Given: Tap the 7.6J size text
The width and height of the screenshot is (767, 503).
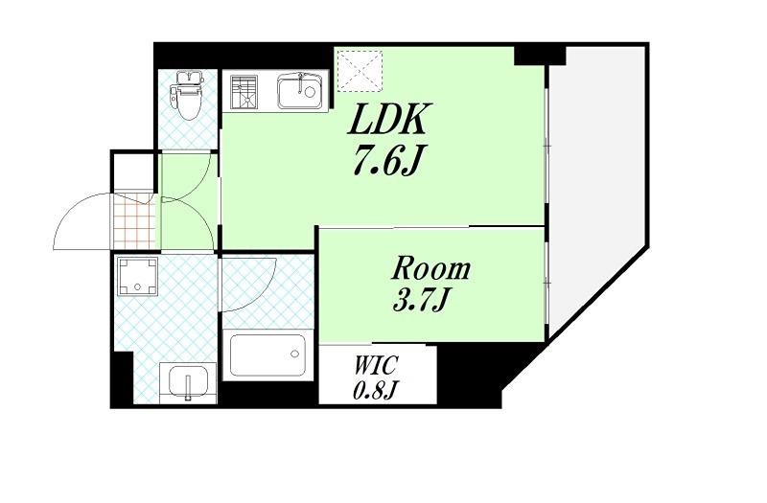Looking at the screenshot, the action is (385, 161).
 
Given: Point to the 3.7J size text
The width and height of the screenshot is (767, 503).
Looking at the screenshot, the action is (421, 300).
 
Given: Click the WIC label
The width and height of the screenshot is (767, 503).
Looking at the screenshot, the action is (376, 365).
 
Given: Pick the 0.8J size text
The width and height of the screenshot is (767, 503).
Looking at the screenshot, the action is (375, 390).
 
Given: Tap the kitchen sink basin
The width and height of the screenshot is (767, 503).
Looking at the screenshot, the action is (301, 91).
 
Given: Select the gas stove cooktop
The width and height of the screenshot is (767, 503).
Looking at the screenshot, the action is (244, 92).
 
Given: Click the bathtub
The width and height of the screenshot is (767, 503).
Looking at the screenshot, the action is (267, 354).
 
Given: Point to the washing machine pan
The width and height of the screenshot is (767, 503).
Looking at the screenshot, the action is (137, 277).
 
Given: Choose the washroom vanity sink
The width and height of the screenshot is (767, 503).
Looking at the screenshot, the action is (188, 382).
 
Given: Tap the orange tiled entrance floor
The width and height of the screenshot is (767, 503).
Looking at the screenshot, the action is (134, 220).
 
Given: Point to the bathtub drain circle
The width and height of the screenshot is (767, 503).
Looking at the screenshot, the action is (295, 354).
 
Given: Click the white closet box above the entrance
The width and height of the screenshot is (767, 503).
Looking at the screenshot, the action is (133, 172).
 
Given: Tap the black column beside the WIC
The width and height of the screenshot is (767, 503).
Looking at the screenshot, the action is (470, 375).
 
